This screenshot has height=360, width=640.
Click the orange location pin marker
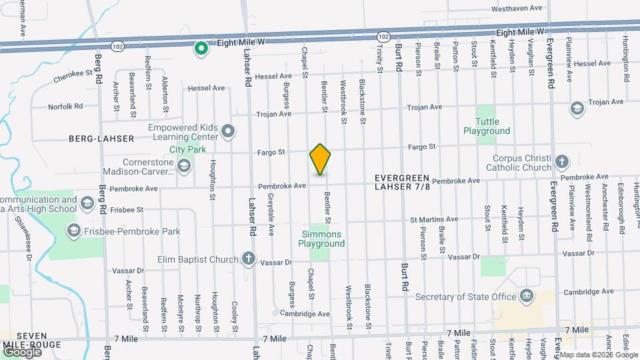click(x=320, y=159)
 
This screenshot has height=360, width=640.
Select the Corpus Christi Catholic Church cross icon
click(x=562, y=161)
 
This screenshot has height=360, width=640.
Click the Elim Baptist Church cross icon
click(x=248, y=258)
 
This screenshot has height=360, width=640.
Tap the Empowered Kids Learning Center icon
click(x=228, y=131)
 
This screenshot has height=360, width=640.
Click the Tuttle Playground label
click(x=492, y=127)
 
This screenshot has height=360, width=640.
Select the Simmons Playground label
click(x=321, y=239)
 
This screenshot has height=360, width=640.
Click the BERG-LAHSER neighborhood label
click(x=101, y=138)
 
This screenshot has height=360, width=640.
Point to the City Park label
click(x=187, y=149)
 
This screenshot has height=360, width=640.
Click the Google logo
click(x=21, y=351)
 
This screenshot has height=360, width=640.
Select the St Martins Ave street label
click(x=434, y=219)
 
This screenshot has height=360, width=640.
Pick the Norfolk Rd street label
click(x=65, y=106)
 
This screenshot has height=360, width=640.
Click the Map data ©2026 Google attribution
click(x=597, y=355)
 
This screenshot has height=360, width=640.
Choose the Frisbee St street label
click(x=128, y=209)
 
